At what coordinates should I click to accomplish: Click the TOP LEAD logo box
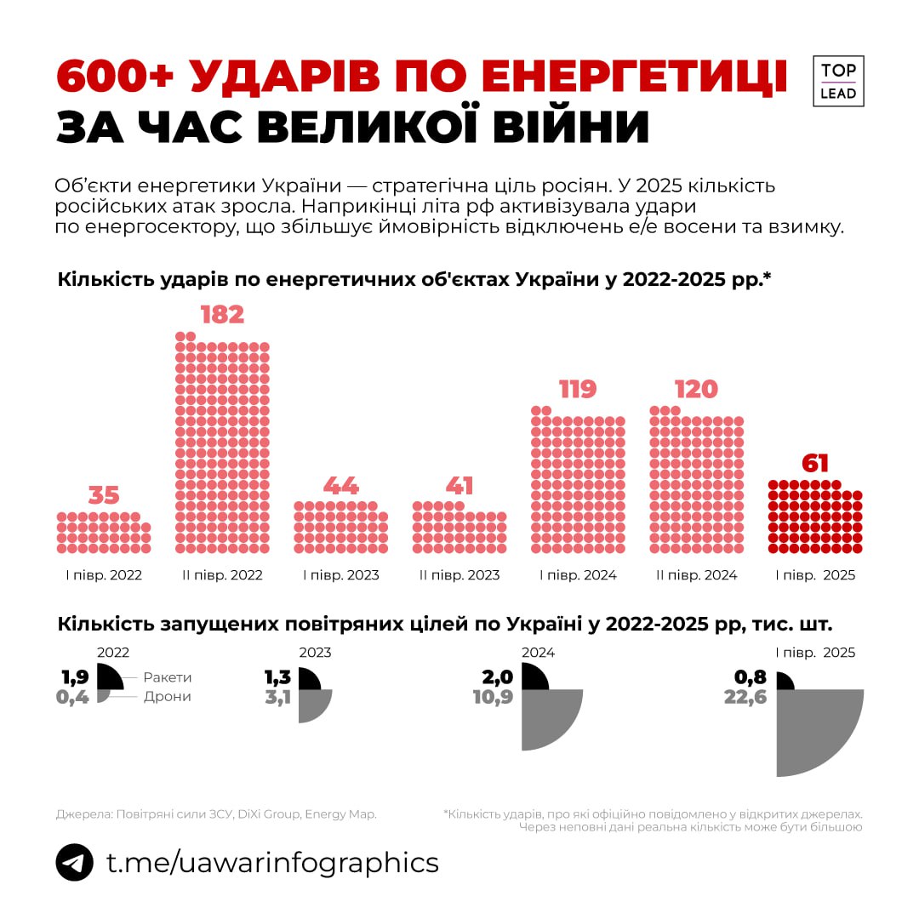click(838, 82)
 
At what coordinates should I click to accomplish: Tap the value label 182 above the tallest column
click(222, 315)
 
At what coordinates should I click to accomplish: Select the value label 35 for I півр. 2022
click(105, 496)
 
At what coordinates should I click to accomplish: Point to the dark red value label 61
click(814, 464)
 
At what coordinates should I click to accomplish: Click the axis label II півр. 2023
click(459, 575)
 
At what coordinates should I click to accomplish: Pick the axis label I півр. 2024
click(578, 575)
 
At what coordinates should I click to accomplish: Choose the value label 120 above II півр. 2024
click(696, 390)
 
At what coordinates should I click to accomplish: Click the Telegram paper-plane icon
click(74, 862)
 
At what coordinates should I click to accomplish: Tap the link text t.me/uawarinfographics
click(272, 862)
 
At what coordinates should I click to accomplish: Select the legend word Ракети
click(168, 677)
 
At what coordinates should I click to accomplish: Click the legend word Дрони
click(167, 697)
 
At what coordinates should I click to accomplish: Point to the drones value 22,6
click(746, 698)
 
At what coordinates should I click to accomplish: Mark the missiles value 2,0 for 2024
click(498, 677)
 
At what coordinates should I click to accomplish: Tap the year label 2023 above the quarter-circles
click(315, 654)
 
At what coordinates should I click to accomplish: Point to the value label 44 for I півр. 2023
click(340, 486)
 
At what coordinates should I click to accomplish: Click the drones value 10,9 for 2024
click(494, 698)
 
